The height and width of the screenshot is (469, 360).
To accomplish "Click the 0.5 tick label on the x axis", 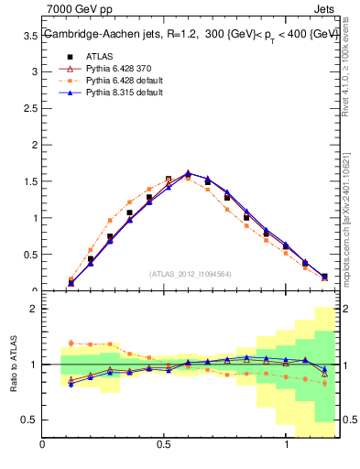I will (164, 444).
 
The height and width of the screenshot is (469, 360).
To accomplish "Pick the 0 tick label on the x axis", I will (42, 444).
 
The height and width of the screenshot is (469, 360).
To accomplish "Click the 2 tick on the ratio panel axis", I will (34, 309).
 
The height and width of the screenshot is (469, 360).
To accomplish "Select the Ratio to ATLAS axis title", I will (13, 364).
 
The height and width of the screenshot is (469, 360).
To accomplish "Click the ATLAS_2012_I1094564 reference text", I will (191, 274).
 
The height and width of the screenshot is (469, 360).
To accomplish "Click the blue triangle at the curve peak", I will (188, 172).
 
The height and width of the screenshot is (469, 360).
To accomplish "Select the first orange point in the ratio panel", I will (71, 343).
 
